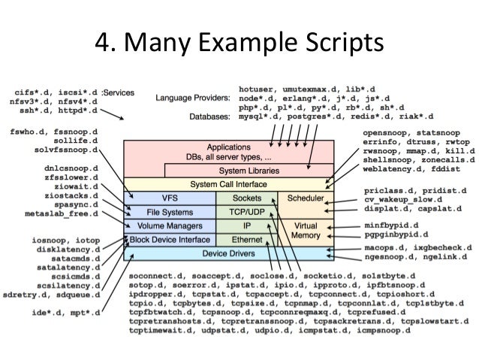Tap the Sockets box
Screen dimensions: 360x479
(246, 197)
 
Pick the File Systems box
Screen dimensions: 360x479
(170, 211)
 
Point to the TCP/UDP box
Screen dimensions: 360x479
(246, 211)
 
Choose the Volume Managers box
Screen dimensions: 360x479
(170, 225)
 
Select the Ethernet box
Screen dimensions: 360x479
(246, 239)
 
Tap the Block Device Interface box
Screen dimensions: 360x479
(170, 239)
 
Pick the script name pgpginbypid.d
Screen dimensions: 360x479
(399, 236)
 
